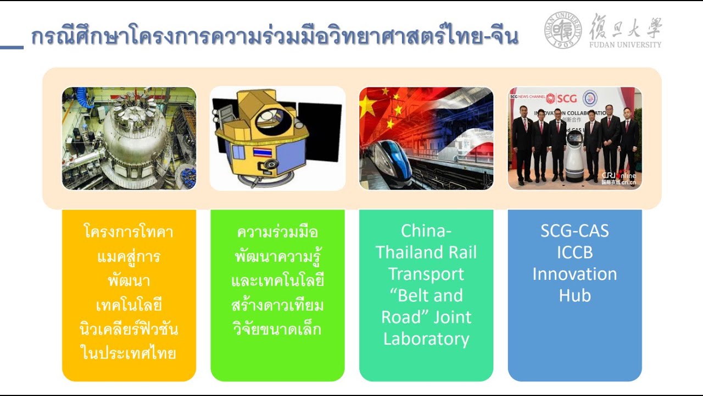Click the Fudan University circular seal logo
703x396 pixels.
coord(563,30)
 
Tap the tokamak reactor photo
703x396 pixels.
coord(129,138)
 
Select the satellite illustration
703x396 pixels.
coord(277,138)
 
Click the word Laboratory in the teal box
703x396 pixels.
coord(426,339)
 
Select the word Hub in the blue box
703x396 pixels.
coord(574,295)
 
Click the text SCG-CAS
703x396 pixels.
coord(574,231)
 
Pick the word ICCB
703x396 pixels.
coord(574,252)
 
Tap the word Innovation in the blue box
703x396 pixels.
coord(574,274)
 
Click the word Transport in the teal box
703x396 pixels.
coord(426,274)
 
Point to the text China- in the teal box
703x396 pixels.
coord(426,231)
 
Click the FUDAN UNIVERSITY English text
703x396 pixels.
coord(625,45)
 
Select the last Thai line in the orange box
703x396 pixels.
coord(129,353)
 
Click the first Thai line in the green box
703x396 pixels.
coord(277,232)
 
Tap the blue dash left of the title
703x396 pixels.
coord(12,47)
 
